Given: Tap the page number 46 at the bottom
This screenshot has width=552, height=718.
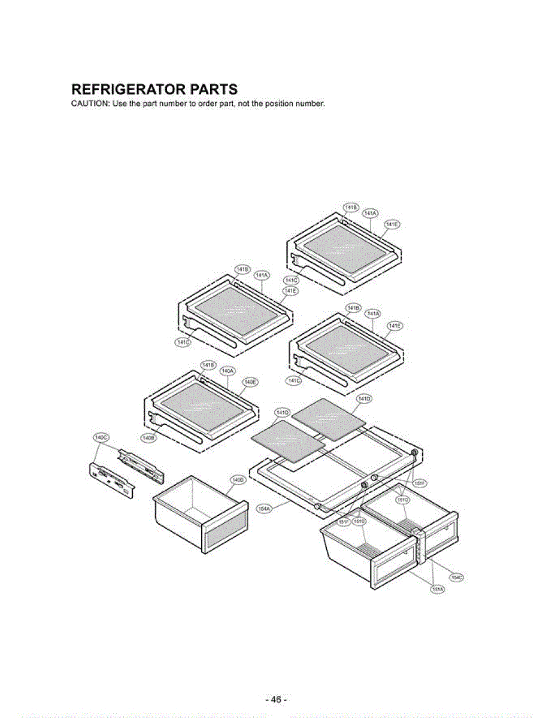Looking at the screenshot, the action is coord(276,700).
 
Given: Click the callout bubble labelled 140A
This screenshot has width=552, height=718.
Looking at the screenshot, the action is coord(228,372).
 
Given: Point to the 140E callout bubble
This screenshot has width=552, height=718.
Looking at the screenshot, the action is coord(250,382).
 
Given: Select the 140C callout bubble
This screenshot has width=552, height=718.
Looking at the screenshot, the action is coord(101,437).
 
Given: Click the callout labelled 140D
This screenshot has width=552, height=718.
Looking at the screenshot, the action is coord(237,480).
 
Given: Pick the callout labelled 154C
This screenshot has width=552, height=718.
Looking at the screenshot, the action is coord(457,577).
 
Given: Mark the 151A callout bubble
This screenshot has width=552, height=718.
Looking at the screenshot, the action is coord(438,589).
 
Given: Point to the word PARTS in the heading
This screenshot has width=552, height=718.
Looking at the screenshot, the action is coord(213,90).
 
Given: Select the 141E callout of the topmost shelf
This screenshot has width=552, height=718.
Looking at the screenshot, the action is coord(392,224).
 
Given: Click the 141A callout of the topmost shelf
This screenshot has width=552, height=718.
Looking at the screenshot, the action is coord(370,214).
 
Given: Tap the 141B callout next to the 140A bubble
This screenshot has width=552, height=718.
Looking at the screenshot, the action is coord(207,365).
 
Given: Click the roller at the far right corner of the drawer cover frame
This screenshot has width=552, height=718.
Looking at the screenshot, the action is coord(414,452).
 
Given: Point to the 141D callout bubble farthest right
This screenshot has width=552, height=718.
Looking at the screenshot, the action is coord(364,398).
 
